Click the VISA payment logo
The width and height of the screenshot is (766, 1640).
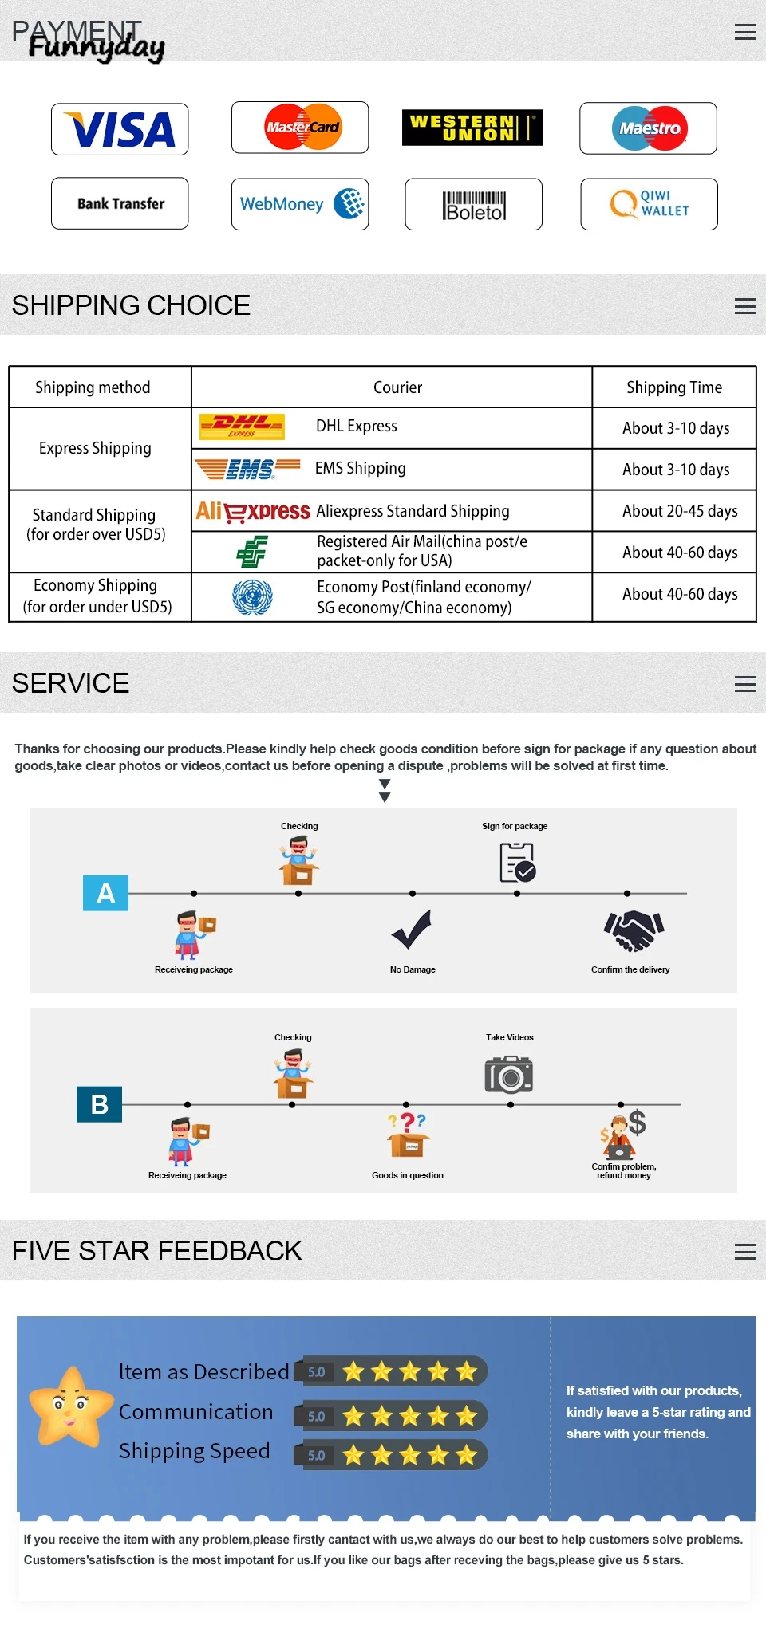(120, 129)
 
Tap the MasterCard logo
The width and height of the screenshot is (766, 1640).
(300, 128)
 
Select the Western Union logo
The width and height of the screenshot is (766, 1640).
(472, 128)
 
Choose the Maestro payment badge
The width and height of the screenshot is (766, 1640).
(648, 128)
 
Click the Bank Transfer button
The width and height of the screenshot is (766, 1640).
(120, 203)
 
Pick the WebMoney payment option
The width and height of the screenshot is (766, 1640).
(300, 204)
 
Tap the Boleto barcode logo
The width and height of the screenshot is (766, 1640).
(474, 205)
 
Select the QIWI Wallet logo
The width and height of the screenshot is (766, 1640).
(649, 204)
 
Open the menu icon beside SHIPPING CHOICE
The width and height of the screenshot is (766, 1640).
(745, 306)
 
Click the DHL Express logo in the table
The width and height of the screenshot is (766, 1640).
(242, 427)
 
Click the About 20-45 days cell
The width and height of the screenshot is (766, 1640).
(680, 511)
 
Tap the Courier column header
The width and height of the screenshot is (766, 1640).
(397, 387)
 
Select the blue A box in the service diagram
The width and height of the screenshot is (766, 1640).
(105, 893)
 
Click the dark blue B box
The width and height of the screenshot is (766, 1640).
(99, 1104)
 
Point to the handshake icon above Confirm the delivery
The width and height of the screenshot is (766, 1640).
(634, 930)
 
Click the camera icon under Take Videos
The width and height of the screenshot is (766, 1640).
(509, 1075)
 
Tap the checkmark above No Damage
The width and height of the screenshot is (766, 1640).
(412, 930)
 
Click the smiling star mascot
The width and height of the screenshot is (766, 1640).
(70, 1406)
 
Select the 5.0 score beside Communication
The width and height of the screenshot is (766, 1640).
(317, 1416)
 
